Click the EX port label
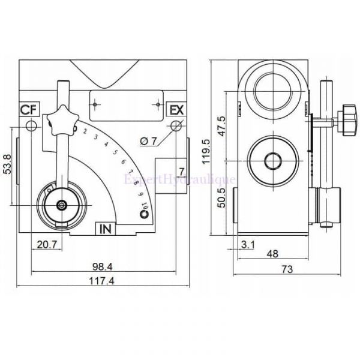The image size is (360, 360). coord(176,110)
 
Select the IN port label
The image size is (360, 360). coord(106,228)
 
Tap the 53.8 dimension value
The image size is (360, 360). coord(7,164)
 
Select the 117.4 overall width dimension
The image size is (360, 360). coord(100,280)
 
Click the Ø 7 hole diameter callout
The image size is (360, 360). coord(148,141)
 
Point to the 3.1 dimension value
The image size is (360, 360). coord(247,244)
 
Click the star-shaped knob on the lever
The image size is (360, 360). coord(62,122)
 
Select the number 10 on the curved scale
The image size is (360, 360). coord(145,206)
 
